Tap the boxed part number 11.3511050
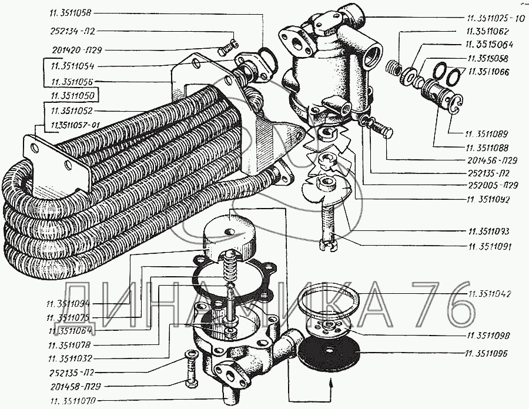[x=73, y=95]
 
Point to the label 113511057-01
[x=73, y=124]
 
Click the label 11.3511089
[x=488, y=134]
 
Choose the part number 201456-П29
[x=488, y=161]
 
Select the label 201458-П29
[x=72, y=386]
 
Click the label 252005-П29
[x=488, y=185]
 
